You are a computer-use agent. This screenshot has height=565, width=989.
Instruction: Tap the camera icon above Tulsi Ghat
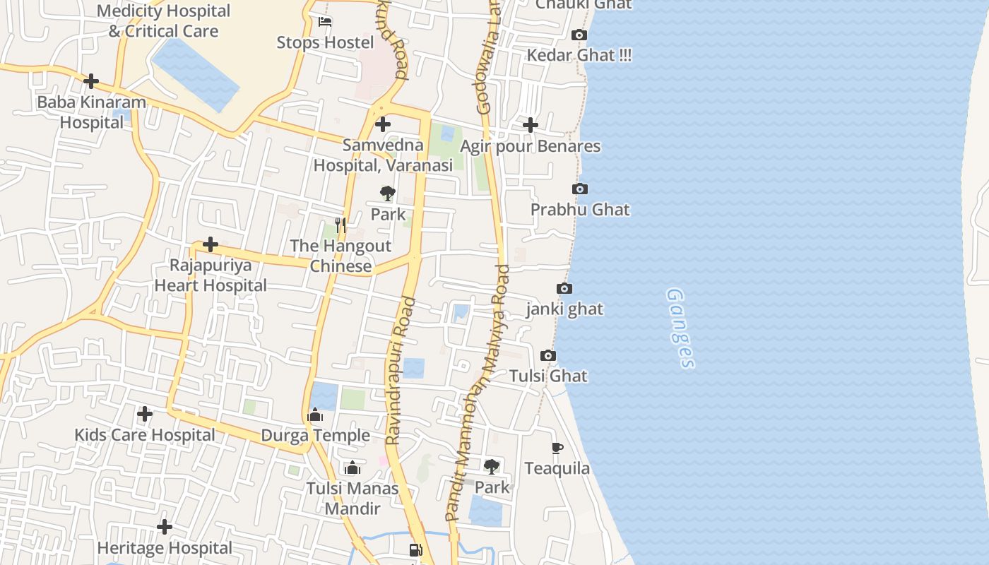point(548,355)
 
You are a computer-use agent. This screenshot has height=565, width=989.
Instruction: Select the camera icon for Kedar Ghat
point(579,35)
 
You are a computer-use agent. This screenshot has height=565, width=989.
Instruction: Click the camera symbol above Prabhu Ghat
point(580,189)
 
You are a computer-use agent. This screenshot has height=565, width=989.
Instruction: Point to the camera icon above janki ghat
point(564,288)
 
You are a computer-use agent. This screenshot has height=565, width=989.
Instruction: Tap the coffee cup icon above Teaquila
point(557,448)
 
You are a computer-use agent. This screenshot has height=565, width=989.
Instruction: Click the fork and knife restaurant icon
point(341,225)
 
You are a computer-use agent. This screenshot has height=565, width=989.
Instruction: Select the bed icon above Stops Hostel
point(325,21)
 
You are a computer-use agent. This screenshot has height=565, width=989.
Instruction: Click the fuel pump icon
point(416,550)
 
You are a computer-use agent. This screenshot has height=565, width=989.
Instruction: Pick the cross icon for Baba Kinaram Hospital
point(91,81)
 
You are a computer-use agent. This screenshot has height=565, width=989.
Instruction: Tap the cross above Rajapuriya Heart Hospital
point(211,244)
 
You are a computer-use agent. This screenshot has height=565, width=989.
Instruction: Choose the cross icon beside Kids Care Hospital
point(145,414)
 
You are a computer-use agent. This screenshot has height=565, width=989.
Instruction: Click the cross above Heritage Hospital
point(165,527)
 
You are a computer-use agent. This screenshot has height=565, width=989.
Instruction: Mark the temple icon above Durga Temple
point(316,415)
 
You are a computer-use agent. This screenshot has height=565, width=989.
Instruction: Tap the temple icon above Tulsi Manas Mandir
point(353,468)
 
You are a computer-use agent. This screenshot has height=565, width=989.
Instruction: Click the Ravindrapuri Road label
point(401,371)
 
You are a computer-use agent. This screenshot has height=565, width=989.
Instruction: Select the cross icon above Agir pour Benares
point(531,125)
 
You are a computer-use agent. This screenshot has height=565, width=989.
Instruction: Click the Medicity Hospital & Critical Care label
point(163,21)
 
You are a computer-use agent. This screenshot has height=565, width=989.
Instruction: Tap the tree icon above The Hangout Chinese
point(388,194)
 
